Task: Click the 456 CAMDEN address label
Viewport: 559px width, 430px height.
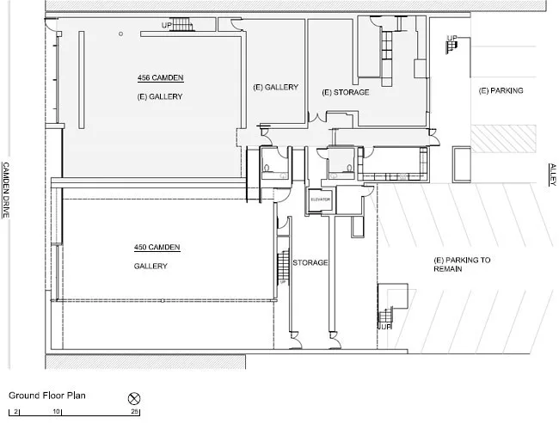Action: [x=161, y=77]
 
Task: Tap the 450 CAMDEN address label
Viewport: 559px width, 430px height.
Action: [x=157, y=247]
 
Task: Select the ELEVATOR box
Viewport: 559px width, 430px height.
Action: [x=320, y=200]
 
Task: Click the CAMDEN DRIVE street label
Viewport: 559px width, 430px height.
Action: [x=6, y=190]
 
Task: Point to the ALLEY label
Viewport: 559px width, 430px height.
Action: [x=552, y=175]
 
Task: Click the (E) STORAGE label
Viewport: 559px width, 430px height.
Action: [x=346, y=92]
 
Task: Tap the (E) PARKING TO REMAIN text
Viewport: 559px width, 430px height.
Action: [x=462, y=264]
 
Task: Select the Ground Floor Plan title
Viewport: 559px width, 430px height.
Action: [x=47, y=396]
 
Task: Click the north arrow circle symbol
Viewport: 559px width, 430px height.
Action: [x=134, y=399]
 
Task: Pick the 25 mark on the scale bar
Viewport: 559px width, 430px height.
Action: [x=134, y=411]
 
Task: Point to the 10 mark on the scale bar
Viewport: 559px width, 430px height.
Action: [x=56, y=411]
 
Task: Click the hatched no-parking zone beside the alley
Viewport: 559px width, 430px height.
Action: [x=503, y=138]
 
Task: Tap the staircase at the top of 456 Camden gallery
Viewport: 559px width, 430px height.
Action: [x=181, y=24]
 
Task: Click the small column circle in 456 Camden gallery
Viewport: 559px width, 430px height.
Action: [x=121, y=34]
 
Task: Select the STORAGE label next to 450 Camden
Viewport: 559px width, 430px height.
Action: [x=310, y=263]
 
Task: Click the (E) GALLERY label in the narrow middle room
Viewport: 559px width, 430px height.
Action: [x=275, y=88]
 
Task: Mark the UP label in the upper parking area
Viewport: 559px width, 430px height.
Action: [x=451, y=38]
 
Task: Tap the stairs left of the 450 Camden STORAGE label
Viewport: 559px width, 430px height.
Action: [x=283, y=267]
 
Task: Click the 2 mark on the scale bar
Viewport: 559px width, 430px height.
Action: [x=15, y=411]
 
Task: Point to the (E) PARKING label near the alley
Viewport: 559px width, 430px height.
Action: [x=501, y=90]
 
